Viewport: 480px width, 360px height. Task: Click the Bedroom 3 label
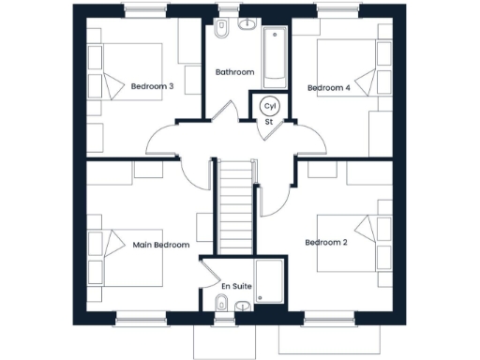tap(153, 87)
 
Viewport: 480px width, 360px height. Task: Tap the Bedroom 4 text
tap(329, 88)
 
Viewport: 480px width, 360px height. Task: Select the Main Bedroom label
tap(161, 245)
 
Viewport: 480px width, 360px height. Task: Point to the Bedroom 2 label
tap(326, 242)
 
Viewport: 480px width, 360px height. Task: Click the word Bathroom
tap(234, 72)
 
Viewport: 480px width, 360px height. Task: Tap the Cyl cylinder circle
tap(270, 106)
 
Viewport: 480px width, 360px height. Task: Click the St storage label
tap(268, 121)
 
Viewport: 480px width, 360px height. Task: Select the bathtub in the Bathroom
tap(276, 54)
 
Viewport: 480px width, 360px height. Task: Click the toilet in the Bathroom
tap(221, 29)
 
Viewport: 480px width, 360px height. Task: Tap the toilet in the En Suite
tap(221, 303)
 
